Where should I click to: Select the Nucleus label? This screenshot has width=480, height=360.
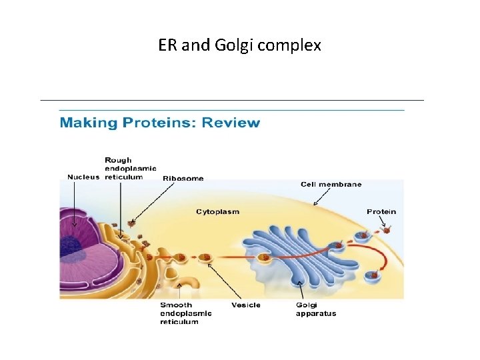[x=83, y=177]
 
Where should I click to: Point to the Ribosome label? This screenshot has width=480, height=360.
[x=183, y=179]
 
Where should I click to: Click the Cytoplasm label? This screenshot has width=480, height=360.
[x=217, y=212]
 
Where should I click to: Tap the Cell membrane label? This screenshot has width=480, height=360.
[x=331, y=184]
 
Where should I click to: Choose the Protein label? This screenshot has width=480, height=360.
[x=381, y=212]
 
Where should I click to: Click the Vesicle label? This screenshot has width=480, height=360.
[x=245, y=305]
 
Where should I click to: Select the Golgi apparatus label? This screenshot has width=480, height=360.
[x=316, y=309]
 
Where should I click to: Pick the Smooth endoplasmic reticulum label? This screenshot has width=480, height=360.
[x=185, y=313]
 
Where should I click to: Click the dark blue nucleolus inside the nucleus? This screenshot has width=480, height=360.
[x=72, y=247]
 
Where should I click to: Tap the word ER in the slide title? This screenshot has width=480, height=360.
[x=167, y=46]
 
